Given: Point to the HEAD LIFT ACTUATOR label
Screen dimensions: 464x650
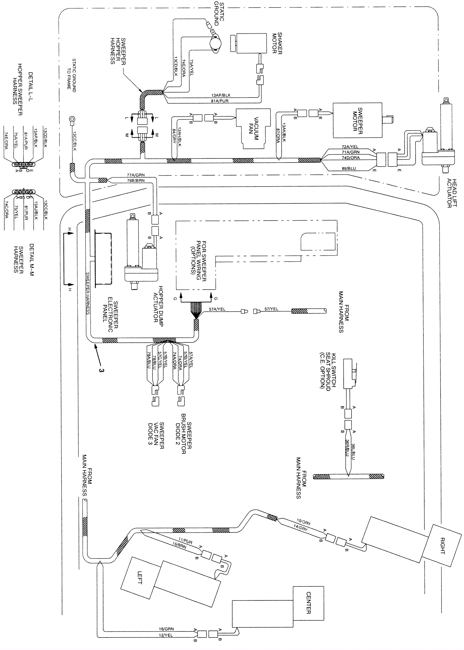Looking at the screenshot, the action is (x=452, y=193).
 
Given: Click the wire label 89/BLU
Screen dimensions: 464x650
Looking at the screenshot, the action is (x=348, y=169).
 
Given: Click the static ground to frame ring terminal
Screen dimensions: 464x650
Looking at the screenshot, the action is (x=72, y=119).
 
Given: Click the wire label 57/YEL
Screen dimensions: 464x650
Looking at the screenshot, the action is (x=271, y=309).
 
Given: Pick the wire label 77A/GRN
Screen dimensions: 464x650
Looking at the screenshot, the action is (x=135, y=175).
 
